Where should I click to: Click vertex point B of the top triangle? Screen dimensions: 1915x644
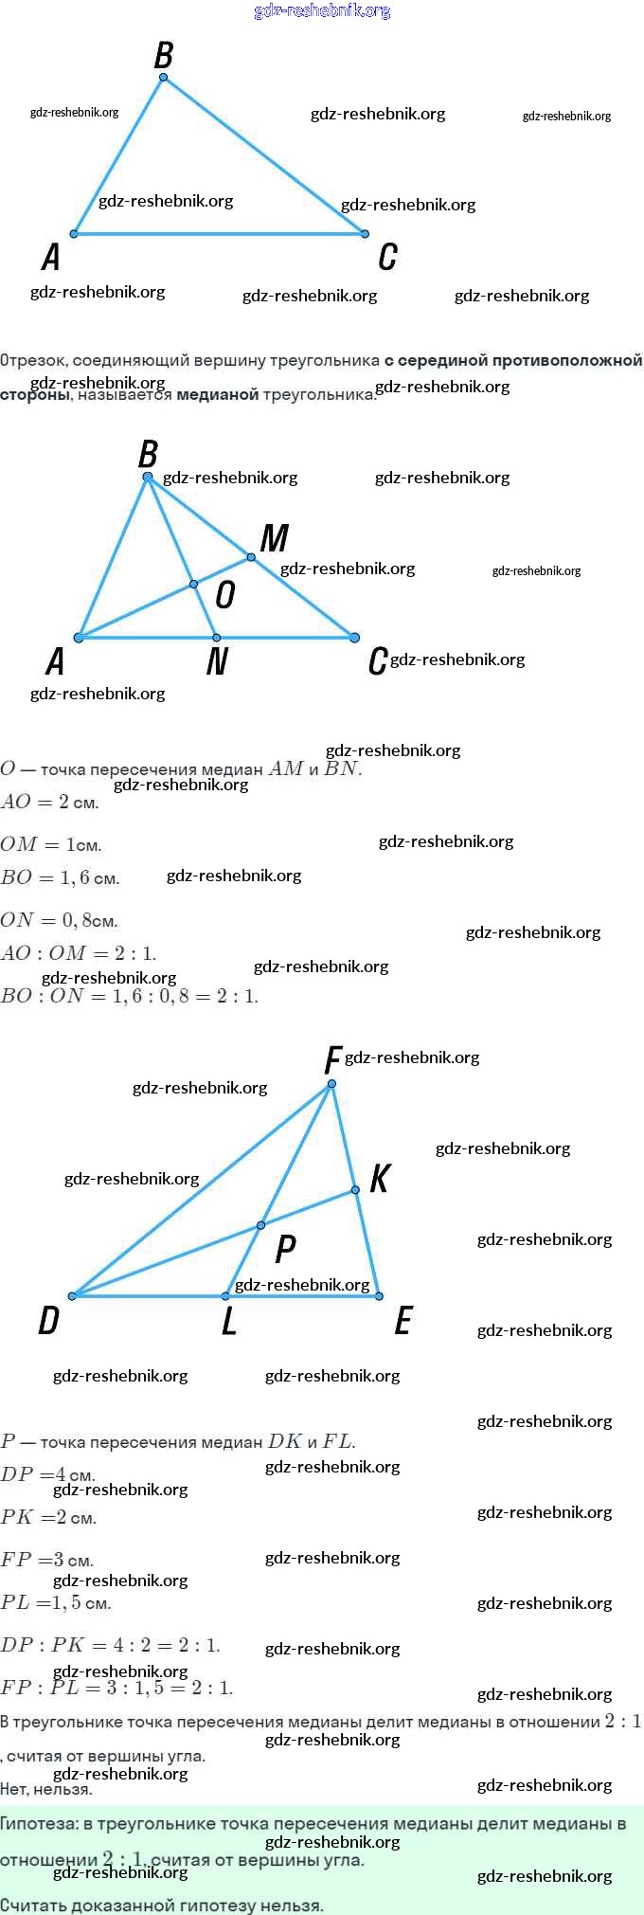click(x=164, y=78)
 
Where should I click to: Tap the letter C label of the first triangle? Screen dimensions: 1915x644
click(x=387, y=257)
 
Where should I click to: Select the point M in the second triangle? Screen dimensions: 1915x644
click(x=251, y=557)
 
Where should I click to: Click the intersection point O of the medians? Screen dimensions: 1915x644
click(x=193, y=585)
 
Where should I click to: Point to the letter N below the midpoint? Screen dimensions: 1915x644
click(x=217, y=660)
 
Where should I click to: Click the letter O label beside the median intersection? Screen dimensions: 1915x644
click(x=224, y=595)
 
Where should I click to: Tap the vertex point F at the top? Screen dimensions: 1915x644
click(x=331, y=1084)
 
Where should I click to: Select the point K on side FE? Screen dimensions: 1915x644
click(x=355, y=1190)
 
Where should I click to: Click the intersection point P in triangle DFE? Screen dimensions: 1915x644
click(x=260, y=1226)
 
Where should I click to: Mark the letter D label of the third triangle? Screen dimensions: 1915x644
click(x=48, y=1320)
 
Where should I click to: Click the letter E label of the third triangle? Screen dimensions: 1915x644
click(x=403, y=1320)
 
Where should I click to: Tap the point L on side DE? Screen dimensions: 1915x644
click(x=225, y=1296)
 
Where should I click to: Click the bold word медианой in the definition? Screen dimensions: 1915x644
click(x=217, y=394)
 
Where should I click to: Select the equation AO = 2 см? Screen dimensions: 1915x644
click(x=49, y=803)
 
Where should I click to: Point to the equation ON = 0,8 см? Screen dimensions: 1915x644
click(x=59, y=920)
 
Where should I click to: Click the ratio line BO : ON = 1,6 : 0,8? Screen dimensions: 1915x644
click(x=129, y=996)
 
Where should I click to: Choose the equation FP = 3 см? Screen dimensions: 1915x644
click(x=46, y=1560)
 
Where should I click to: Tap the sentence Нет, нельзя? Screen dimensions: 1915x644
click(x=46, y=1790)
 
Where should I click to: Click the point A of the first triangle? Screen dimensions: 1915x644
click(x=74, y=233)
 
